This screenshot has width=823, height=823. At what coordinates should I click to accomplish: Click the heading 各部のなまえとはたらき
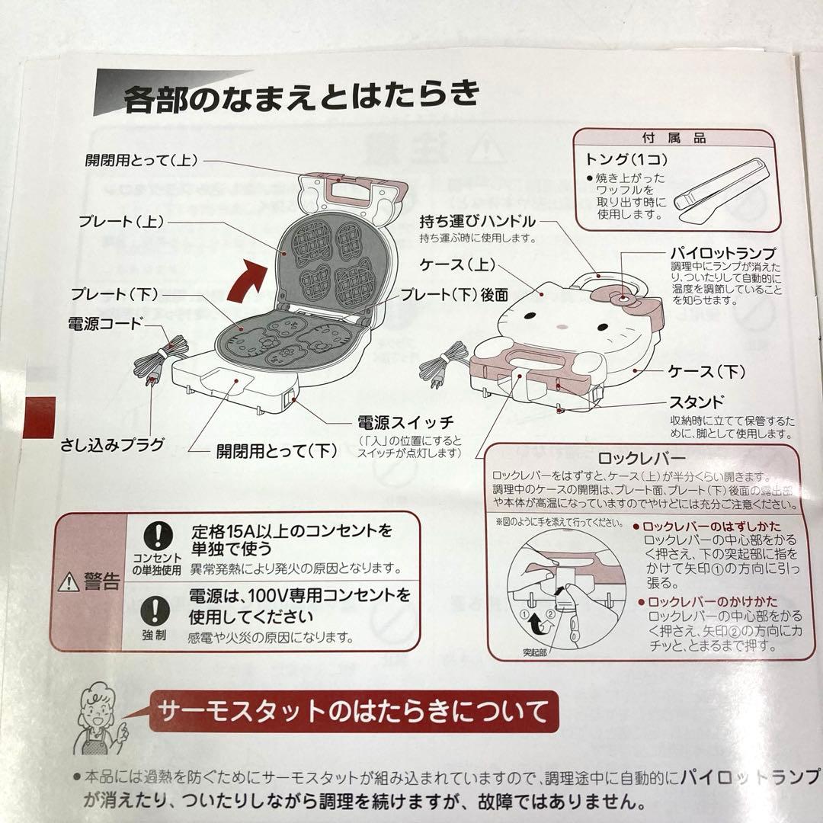pos(301,97)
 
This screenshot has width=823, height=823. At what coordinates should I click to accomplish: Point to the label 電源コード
pos(105,323)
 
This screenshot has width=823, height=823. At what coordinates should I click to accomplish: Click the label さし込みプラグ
pos(112,444)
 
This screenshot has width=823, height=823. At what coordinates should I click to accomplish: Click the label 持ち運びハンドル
pos(477,223)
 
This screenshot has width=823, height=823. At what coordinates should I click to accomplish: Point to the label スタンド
pos(696,402)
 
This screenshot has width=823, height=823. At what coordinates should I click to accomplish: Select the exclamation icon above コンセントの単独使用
pos(155,533)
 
